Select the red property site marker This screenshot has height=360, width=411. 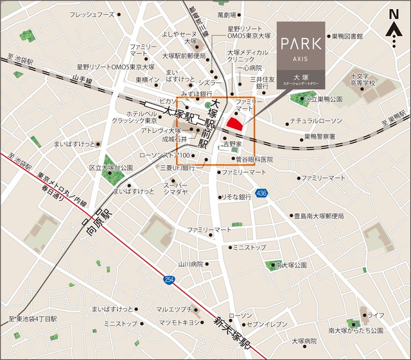(235, 121)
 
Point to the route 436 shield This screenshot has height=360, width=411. (261, 193)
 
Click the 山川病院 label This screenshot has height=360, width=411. (191, 264)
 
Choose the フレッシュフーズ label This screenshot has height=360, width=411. (92, 14)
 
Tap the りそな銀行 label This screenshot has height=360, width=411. (236, 198)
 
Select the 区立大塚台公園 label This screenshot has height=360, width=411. (111, 167)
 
